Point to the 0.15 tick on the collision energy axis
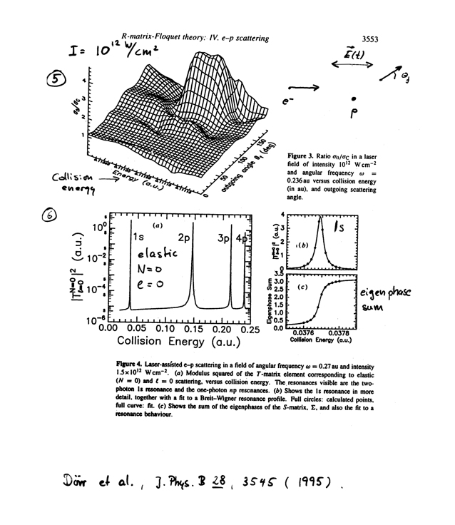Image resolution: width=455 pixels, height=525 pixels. (193, 328)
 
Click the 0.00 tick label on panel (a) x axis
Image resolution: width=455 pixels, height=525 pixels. (109, 328)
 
